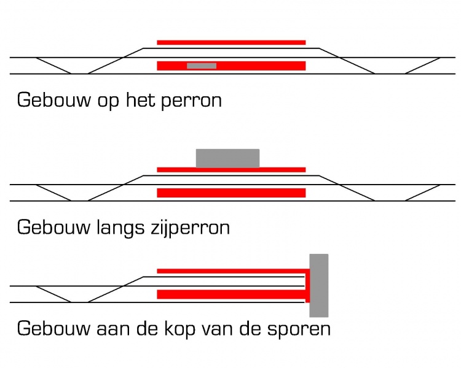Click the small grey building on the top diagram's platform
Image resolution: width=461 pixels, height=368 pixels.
click(x=202, y=66)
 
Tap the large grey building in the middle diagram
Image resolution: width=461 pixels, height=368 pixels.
click(x=227, y=158)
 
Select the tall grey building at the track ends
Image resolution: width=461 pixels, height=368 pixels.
click(x=318, y=285)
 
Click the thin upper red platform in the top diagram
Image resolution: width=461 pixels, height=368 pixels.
click(x=231, y=42)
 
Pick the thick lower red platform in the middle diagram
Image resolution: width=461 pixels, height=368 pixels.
click(x=231, y=193)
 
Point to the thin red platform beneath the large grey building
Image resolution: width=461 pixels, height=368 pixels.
click(x=231, y=170)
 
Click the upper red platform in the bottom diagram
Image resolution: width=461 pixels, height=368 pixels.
click(x=231, y=271)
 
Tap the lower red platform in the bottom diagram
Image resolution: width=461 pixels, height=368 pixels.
click(x=231, y=294)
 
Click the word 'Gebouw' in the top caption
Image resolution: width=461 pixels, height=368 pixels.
click(x=54, y=100)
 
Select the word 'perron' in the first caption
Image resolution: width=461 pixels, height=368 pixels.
click(x=191, y=102)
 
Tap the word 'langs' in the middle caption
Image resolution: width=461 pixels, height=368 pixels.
click(x=120, y=228)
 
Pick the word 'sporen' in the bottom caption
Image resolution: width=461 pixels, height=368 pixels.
click(x=299, y=330)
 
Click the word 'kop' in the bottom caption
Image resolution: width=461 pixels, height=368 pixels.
click(x=179, y=329)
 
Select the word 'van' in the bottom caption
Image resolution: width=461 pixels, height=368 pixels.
click(x=217, y=330)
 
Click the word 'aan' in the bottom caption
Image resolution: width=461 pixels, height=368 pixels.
click(x=113, y=330)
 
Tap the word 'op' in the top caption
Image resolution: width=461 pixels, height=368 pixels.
click(x=108, y=102)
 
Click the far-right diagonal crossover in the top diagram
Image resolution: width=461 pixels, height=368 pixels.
click(x=422, y=66)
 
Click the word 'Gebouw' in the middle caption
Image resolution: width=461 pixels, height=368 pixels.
click(x=54, y=227)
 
